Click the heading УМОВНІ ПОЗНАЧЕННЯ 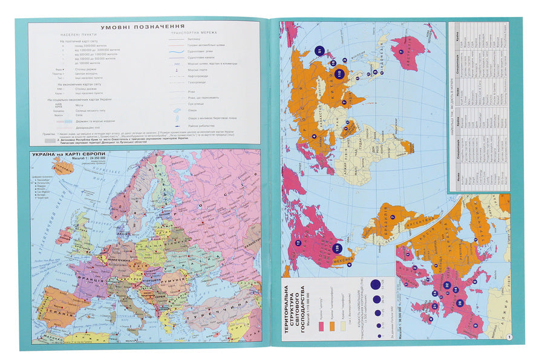pyautogui.click(x=142, y=27)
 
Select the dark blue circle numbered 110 pyautogui.click(x=339, y=74)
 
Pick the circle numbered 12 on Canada pyautogui.click(x=298, y=243)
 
